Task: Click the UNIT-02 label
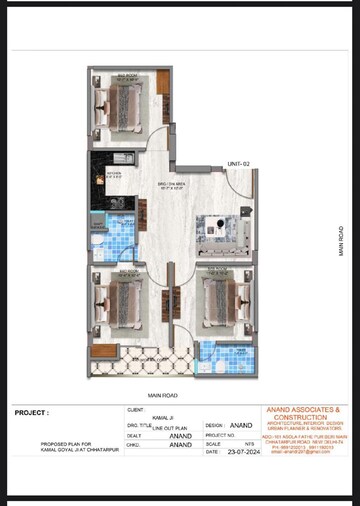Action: pos(237,163)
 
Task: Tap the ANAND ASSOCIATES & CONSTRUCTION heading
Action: pos(301,413)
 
